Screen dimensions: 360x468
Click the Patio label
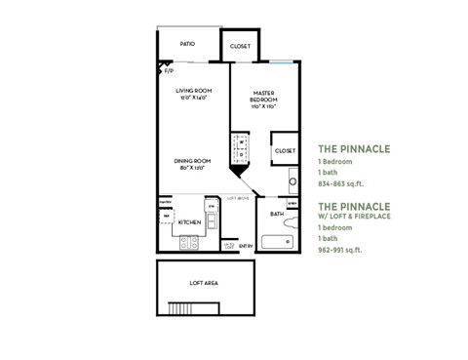[188, 44]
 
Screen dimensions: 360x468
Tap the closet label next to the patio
[240, 46]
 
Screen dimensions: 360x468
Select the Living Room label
[194, 94]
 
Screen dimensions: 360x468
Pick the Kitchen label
[189, 222]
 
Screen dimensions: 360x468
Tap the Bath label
[277, 214]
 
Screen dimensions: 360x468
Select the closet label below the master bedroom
[285, 150]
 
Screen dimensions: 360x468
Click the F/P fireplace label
[168, 70]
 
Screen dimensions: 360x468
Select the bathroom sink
[292, 181]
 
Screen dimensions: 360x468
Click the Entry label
[246, 246]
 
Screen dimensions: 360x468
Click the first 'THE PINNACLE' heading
[354, 149]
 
